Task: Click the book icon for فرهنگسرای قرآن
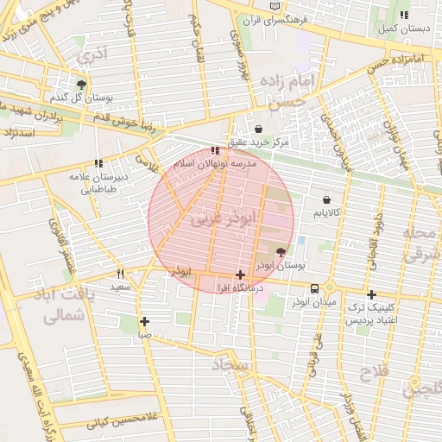(275, 6)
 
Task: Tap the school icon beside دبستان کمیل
(404, 15)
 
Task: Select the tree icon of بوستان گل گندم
(81, 84)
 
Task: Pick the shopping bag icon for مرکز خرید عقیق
(258, 129)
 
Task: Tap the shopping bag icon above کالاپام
(326, 200)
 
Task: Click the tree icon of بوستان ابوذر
(281, 253)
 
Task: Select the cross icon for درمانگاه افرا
(240, 275)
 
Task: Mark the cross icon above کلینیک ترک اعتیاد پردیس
(371, 294)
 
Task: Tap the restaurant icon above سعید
(119, 274)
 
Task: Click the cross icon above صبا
(144, 321)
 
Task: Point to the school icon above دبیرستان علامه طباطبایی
(98, 162)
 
